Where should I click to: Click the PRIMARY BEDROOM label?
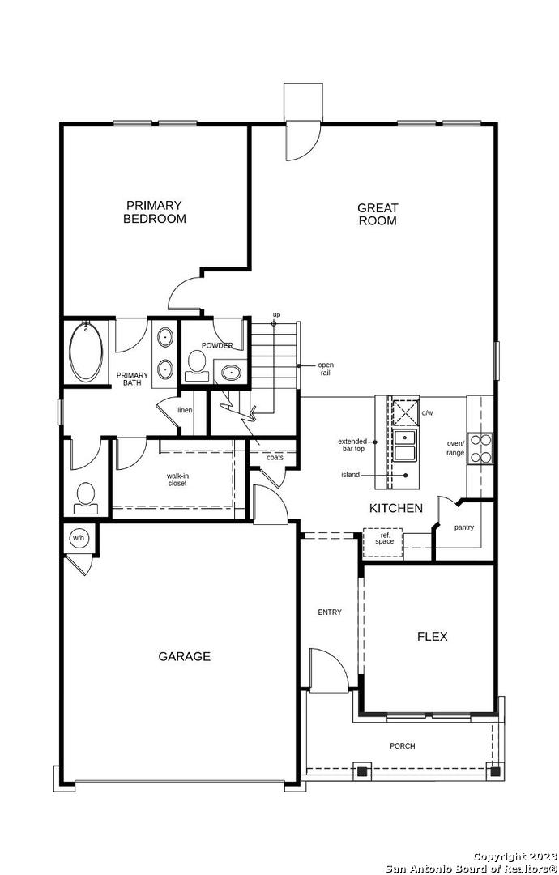click(x=155, y=212)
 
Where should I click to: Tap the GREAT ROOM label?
click(x=378, y=214)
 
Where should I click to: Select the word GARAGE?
click(x=184, y=656)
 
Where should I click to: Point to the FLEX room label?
click(x=433, y=636)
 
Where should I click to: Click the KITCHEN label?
click(x=396, y=508)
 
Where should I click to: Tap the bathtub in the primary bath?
click(x=86, y=352)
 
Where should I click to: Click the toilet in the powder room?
click(x=196, y=365)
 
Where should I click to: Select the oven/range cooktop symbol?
click(x=480, y=449)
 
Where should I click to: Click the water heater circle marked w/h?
click(x=78, y=538)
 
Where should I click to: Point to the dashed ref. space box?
click(x=382, y=542)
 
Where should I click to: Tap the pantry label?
click(x=463, y=527)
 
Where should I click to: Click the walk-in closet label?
click(x=177, y=480)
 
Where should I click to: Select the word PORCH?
click(x=402, y=746)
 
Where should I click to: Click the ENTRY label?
click(x=330, y=612)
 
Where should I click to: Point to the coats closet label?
click(x=275, y=457)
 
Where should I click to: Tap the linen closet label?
click(x=185, y=410)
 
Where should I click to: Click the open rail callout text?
click(x=326, y=369)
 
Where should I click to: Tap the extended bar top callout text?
click(x=352, y=445)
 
